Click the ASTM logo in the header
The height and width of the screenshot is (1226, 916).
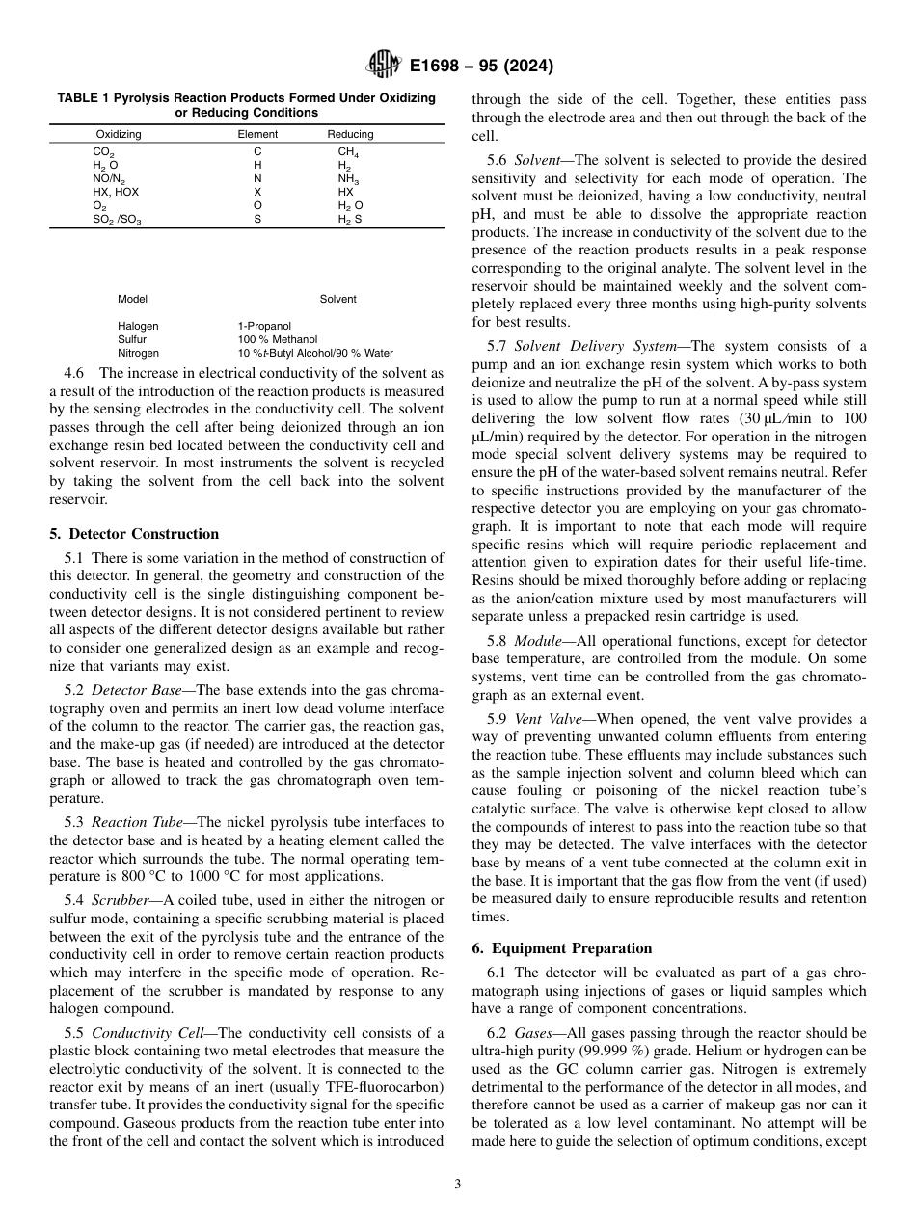coord(384,66)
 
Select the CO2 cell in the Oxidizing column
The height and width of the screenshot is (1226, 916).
coord(103,152)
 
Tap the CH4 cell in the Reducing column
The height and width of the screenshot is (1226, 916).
coord(347,152)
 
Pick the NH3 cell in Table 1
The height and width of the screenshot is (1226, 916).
coord(348,179)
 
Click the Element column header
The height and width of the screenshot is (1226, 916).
coord(257,134)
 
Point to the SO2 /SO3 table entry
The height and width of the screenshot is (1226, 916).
coord(117,220)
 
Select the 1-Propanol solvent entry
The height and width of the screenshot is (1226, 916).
coord(264,327)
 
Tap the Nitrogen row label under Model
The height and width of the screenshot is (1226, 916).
coord(138,353)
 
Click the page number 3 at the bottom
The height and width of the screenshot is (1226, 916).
coord(458,1185)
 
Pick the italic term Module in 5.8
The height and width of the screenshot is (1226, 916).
coord(540,641)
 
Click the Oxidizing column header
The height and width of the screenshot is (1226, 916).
coord(119,134)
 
